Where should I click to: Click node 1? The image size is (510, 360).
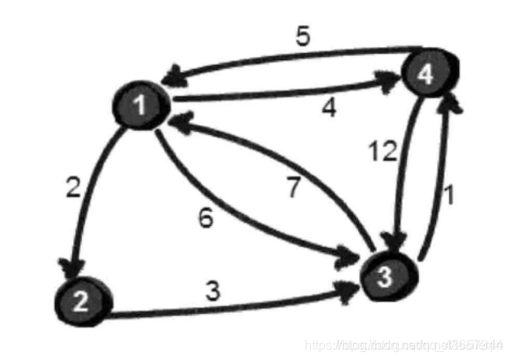point(141,109)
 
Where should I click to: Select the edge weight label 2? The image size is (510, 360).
point(72,190)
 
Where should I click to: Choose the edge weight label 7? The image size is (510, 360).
point(294,187)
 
